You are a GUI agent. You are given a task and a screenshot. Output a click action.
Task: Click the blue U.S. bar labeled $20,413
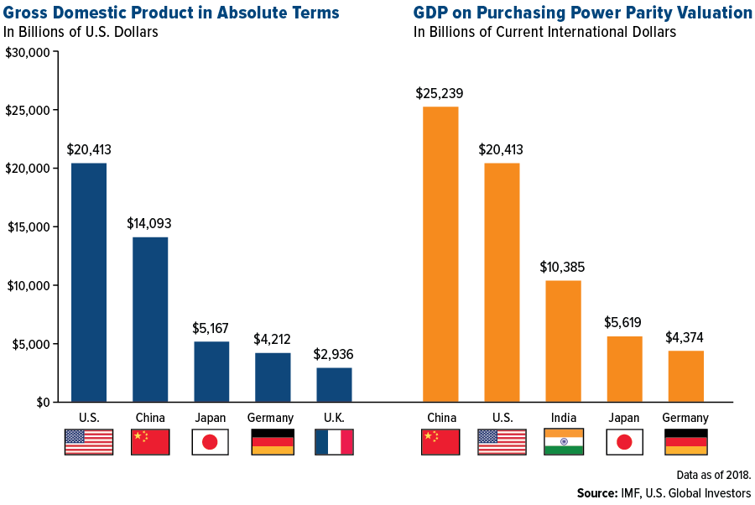coord(89,283)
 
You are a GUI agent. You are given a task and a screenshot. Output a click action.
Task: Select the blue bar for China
coord(150,320)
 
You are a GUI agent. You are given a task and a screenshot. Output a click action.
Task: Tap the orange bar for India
coord(563,341)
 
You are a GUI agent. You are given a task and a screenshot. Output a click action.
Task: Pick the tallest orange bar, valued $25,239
coord(440,254)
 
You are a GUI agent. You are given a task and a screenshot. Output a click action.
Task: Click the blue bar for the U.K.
coord(334,384)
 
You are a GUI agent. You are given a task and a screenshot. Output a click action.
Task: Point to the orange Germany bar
coord(685,376)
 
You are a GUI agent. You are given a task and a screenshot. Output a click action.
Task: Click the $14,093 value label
coord(149,224)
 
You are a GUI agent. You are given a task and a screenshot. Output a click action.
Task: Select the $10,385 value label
coord(563,268)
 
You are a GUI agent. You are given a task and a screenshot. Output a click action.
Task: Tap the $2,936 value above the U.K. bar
coord(333,354)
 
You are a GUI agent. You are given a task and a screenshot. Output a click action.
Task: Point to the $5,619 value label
coord(624,323)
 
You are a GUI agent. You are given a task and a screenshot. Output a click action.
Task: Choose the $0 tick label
coord(42,403)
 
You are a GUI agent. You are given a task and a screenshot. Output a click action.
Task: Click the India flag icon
coord(563,442)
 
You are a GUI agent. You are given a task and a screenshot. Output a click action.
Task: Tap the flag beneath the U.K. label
coord(334,442)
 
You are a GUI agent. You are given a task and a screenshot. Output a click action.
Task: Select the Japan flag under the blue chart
coord(211,442)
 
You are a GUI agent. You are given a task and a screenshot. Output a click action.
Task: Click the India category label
coord(563,418)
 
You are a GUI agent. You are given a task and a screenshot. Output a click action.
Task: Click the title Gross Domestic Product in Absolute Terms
coord(172,13)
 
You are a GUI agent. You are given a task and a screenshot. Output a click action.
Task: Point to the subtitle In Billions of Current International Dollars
coord(544,32)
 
